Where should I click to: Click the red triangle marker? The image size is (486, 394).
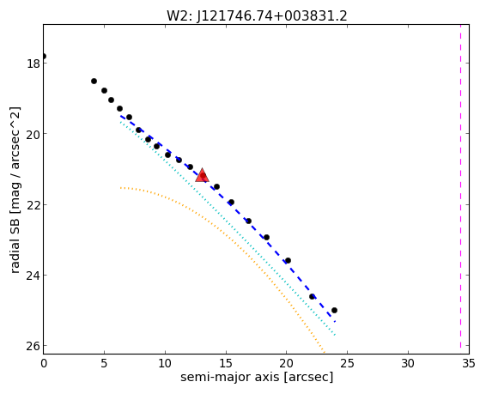(202, 175)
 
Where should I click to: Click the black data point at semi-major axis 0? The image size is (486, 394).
(44, 56)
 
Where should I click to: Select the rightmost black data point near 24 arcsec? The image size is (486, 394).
(334, 310)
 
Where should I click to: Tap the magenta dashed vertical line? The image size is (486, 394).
(460, 189)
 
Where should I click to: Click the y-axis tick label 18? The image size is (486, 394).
(32, 64)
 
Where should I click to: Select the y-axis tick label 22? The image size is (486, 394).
(32, 205)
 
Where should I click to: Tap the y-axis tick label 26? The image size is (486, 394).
(32, 346)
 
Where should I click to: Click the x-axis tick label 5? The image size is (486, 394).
(104, 363)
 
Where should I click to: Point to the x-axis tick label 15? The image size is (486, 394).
(226, 363)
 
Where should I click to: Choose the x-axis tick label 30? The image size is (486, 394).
(408, 363)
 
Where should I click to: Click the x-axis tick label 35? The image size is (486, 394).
(468, 363)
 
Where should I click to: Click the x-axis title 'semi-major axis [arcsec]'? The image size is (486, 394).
(257, 378)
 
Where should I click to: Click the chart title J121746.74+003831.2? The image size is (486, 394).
(272, 15)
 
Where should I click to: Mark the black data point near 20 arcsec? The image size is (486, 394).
(288, 260)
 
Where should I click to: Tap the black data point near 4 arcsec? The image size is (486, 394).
(94, 82)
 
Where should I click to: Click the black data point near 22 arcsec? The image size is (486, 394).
(312, 297)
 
